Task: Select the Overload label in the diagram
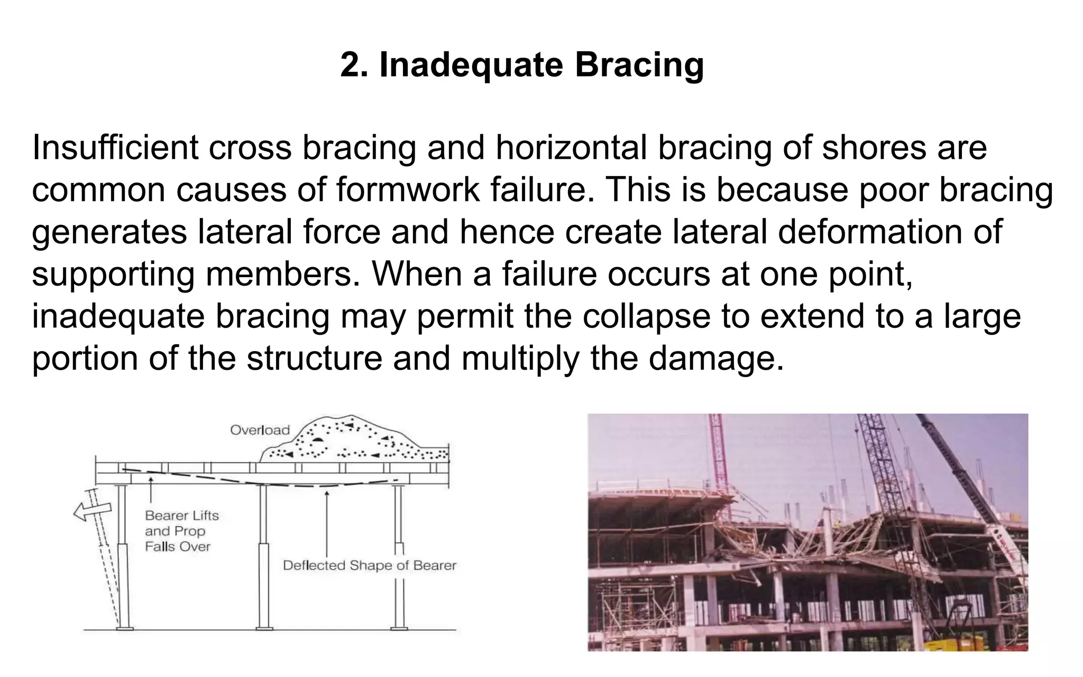260,430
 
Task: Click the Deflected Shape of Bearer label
369,565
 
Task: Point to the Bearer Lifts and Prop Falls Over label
181,531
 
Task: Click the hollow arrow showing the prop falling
91,511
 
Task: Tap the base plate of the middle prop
264,628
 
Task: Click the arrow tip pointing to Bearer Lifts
151,479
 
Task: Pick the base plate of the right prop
399,628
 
